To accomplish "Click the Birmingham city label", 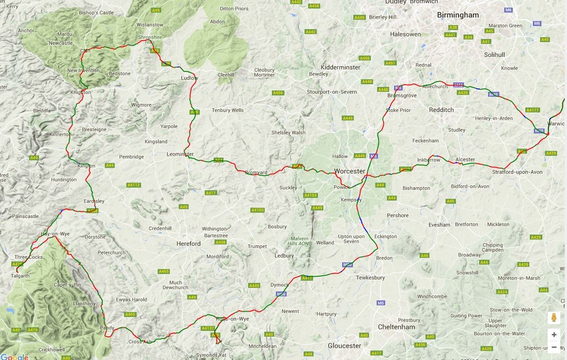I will [x=457, y=15].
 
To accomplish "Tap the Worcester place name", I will [x=350, y=171].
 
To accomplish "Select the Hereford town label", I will [x=188, y=244].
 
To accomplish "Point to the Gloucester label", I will [x=344, y=346].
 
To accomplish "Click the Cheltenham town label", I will [x=396, y=327].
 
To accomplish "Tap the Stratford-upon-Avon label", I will [x=517, y=172].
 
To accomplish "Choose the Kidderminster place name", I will [x=341, y=67].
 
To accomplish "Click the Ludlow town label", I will [x=189, y=78].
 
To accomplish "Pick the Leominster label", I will [x=180, y=154].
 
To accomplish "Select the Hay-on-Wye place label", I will [x=55, y=234].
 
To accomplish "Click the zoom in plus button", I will [x=554, y=335].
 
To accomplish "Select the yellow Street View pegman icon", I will [x=554, y=318].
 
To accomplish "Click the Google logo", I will [x=14, y=357].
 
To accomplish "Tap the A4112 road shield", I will [x=133, y=185].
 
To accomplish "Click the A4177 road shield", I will [x=533, y=110].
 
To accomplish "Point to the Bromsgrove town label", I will [x=402, y=95].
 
